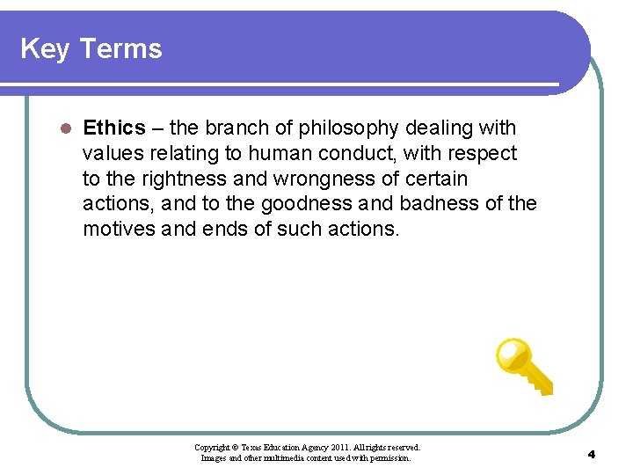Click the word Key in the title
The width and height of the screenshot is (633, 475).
[x=44, y=48]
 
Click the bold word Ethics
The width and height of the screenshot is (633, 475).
[x=114, y=128]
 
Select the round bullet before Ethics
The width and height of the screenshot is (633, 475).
[x=64, y=128]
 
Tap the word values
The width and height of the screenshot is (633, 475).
[x=108, y=154]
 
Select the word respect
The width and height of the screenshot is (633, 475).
[x=486, y=154]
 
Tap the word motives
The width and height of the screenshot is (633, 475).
[x=113, y=230]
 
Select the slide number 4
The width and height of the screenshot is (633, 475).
[x=592, y=454]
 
